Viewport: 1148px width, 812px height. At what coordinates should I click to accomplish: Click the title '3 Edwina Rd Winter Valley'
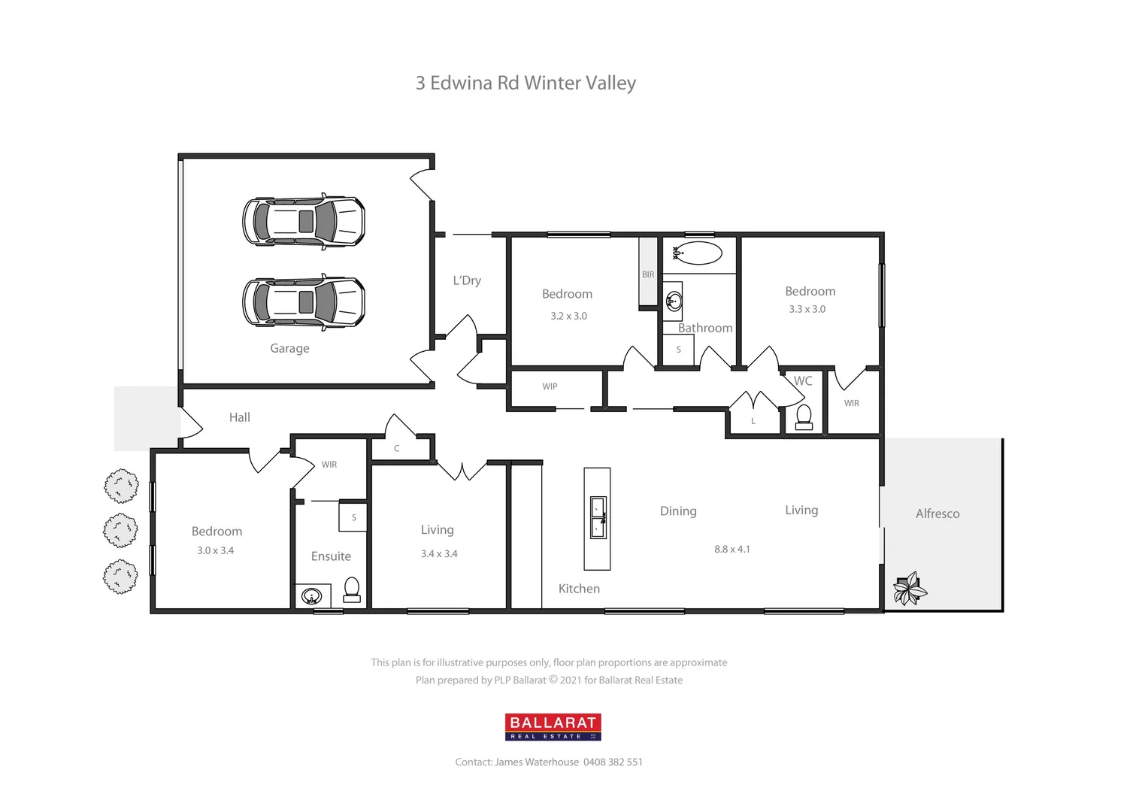pos(526,83)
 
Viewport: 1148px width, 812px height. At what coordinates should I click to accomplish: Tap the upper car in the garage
pos(304,222)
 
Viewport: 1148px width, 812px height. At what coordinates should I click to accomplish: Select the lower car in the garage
pos(304,302)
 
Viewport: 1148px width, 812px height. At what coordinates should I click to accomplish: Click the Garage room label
pos(289,348)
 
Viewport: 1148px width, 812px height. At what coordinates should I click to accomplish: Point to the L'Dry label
pos(466,280)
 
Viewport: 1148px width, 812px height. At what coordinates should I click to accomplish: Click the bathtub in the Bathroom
pos(698,253)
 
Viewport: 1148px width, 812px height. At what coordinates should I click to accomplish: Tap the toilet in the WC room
pos(804,417)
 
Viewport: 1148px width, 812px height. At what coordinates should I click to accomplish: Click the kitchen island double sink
pos(598,517)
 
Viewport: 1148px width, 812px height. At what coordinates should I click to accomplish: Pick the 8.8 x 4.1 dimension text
pos(732,549)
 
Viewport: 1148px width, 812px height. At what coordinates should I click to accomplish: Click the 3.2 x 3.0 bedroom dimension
pos(568,316)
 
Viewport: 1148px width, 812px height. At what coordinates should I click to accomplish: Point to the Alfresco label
pos(937,514)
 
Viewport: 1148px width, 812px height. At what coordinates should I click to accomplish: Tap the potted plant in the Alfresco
pos(910,588)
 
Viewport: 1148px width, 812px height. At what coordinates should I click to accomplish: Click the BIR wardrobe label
pos(648,274)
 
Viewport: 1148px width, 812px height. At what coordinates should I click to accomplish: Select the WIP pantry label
pos(550,386)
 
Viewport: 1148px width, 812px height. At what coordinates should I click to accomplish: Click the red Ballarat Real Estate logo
pos(553,726)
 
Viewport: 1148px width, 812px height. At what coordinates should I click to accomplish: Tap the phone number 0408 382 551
pos(613,762)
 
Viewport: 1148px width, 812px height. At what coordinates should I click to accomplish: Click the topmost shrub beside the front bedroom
pos(121,486)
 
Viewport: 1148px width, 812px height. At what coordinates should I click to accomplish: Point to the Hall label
pos(239,417)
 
